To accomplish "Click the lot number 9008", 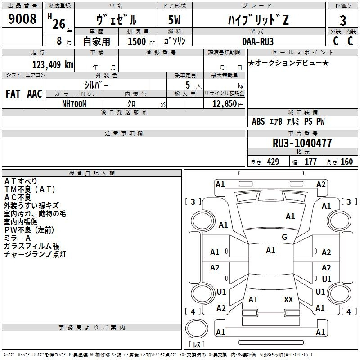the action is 22,19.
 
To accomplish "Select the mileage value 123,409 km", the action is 53,65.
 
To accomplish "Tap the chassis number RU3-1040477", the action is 302,143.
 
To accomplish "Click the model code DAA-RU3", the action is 258,41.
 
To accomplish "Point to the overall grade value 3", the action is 343,21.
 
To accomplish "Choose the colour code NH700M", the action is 74,104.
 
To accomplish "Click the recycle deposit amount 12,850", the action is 224,104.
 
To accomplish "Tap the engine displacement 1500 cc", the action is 141,41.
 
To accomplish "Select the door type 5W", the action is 174,20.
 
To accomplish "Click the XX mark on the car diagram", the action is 288,299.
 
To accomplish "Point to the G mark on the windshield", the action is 284,237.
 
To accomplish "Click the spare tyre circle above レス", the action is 197,328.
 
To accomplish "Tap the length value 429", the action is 273,162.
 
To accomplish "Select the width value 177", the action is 310,162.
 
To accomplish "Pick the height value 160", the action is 346,162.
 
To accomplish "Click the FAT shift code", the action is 13,94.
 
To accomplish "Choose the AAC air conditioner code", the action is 35,94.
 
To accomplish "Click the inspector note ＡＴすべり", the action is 21,181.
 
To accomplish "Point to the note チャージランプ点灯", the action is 35,254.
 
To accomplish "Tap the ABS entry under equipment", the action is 258,121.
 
